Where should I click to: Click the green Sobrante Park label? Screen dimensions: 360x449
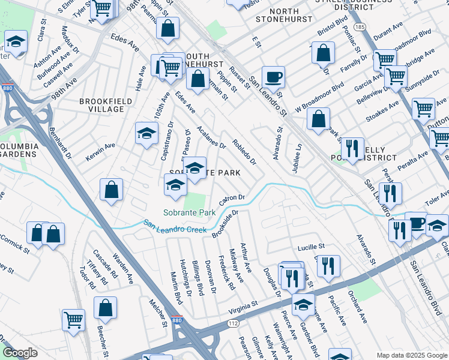[x=190, y=212]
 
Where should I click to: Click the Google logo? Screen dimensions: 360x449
[x=20, y=353]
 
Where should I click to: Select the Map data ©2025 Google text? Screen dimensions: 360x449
[x=411, y=355]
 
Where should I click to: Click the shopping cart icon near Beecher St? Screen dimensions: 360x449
[x=74, y=319]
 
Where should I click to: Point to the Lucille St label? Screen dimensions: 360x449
[x=311, y=247]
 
